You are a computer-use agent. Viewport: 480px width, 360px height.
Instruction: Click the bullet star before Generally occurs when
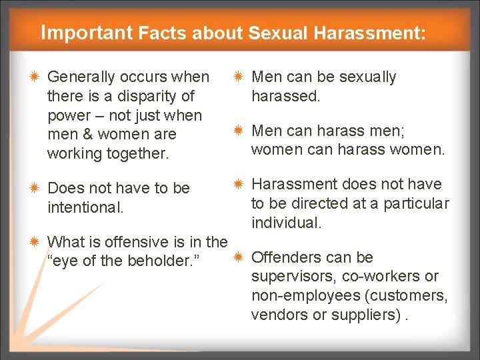pyautogui.click(x=35, y=77)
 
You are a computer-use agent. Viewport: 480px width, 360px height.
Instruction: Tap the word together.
pyautogui.click(x=133, y=153)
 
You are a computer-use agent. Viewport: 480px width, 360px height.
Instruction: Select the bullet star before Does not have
pyautogui.click(x=35, y=189)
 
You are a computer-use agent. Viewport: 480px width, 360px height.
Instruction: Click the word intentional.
pyautogui.click(x=85, y=207)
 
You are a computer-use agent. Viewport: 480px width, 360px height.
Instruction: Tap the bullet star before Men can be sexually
pyautogui.click(x=239, y=77)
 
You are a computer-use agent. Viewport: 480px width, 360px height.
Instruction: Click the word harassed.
pyautogui.click(x=285, y=96)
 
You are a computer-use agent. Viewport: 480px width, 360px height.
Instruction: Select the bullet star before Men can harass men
pyautogui.click(x=239, y=131)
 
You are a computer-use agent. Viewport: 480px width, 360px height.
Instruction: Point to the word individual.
pyautogui.click(x=287, y=222)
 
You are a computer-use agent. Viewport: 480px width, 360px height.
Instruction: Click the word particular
pyautogui.click(x=416, y=203)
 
